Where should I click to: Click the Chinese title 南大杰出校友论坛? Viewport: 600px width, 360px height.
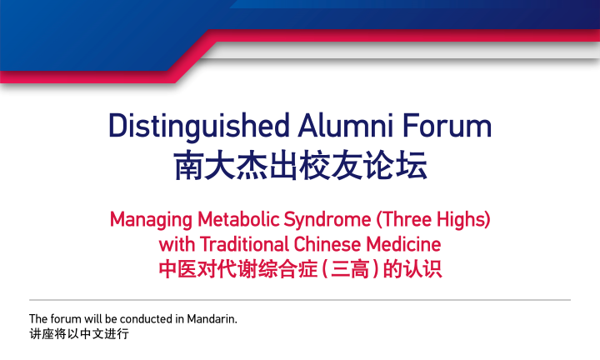(300, 165)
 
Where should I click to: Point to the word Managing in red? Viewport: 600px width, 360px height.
(151, 221)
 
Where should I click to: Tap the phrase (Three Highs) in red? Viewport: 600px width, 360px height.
(433, 221)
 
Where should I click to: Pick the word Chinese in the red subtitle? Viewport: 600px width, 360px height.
(328, 245)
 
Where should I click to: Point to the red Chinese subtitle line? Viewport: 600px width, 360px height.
(300, 270)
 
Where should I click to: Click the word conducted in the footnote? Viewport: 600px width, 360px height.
(151, 318)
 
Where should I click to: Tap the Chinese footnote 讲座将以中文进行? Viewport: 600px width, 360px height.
(79, 333)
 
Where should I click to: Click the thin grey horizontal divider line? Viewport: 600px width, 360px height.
(300, 299)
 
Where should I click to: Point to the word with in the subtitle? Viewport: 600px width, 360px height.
(175, 245)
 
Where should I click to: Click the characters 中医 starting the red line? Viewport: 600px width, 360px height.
(177, 270)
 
